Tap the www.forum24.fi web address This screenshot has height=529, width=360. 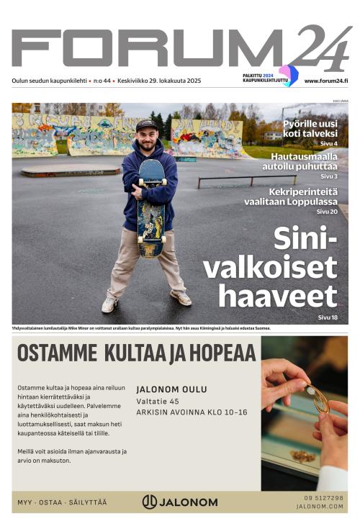[326, 81]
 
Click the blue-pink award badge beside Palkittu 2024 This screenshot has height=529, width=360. [288, 76]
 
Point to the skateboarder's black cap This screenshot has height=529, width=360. [146, 125]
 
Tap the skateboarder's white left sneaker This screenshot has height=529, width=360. [109, 304]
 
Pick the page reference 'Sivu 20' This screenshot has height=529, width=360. [328, 212]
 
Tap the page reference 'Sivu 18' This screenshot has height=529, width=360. [328, 317]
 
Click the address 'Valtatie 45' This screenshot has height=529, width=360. [158, 401]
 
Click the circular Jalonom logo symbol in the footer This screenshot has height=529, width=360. [150, 502]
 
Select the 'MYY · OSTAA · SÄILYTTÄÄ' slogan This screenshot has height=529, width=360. [62, 502]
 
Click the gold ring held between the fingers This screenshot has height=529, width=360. [318, 399]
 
